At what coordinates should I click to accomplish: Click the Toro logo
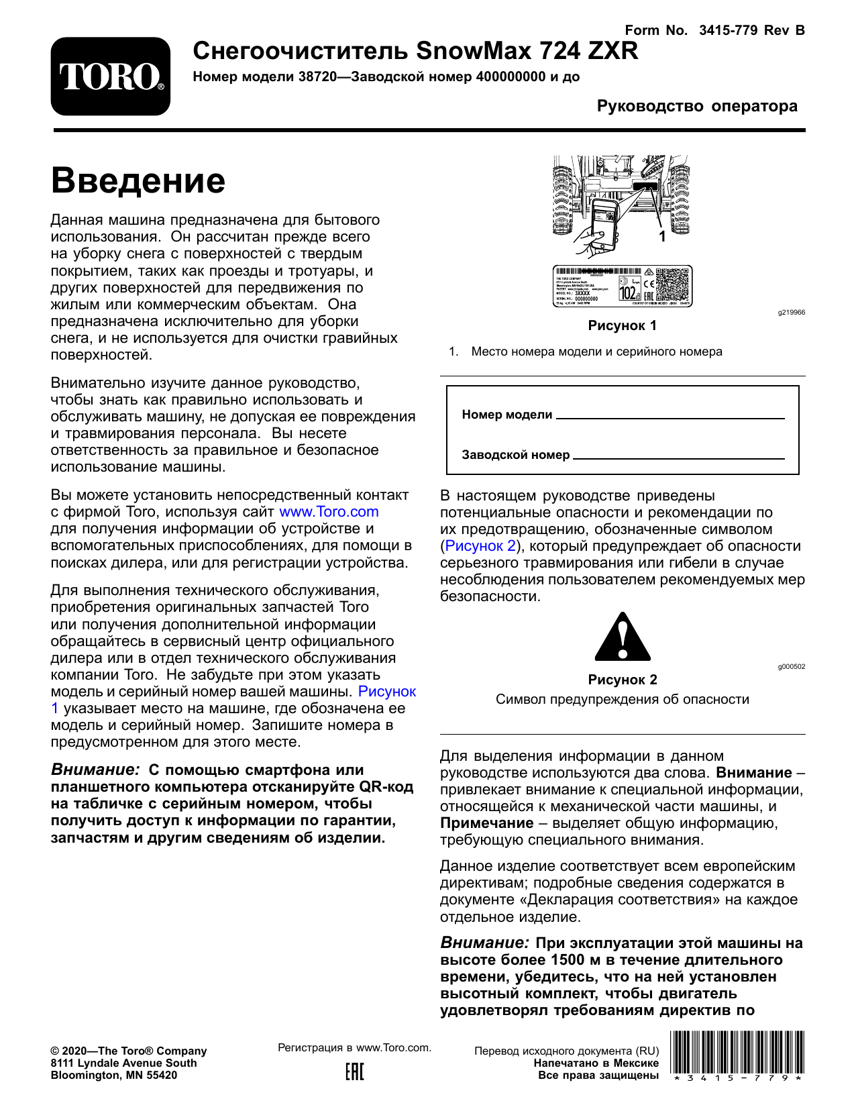(x=111, y=76)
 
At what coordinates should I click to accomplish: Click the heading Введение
(x=138, y=180)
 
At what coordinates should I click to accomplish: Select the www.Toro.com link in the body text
(x=329, y=512)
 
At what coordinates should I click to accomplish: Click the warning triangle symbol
(x=623, y=637)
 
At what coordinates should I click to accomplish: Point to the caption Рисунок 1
(x=622, y=326)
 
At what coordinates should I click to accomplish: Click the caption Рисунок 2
(x=622, y=680)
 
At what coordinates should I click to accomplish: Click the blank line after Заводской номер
(x=678, y=457)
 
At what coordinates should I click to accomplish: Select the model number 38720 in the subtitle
(x=317, y=77)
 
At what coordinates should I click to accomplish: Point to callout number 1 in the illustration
(x=663, y=236)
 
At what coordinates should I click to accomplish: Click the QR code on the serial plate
(x=672, y=285)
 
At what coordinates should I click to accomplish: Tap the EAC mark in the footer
(x=355, y=1071)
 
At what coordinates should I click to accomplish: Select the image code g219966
(x=792, y=313)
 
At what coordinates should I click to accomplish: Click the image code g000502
(x=792, y=667)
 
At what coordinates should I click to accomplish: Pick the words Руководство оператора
(x=697, y=106)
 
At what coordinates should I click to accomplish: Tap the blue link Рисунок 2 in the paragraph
(x=480, y=546)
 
